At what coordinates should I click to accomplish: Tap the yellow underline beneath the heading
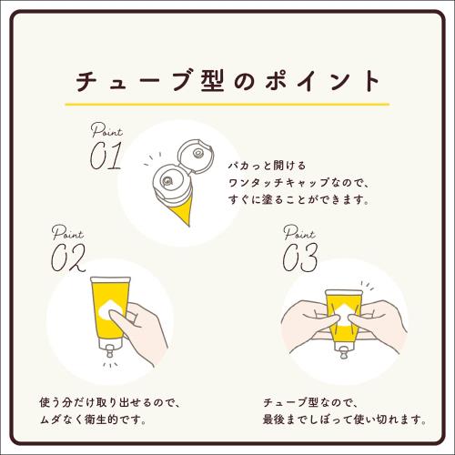pos(227,96)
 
